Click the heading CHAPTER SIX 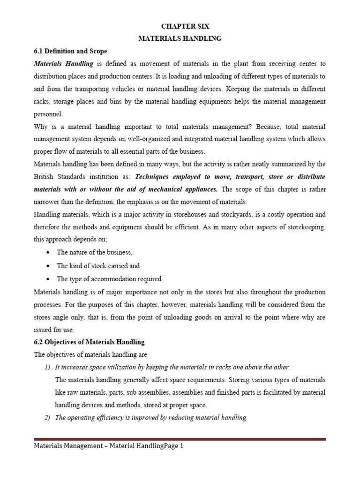180,27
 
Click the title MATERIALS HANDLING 180,39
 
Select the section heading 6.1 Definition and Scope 71,51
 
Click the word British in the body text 45,177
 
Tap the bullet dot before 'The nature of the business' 49,252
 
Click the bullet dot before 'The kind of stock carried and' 49,266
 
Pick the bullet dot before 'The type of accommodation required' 49,279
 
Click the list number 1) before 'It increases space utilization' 45,367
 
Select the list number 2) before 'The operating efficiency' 45,418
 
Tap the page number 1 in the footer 181,446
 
